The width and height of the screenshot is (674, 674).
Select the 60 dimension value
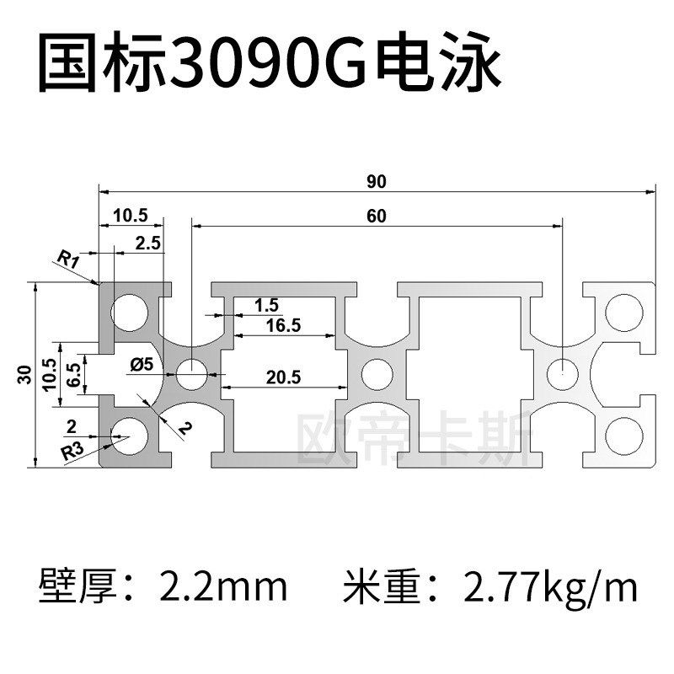(x=376, y=216)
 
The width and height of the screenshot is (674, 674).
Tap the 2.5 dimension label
(x=148, y=243)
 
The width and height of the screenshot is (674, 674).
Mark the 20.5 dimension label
(x=283, y=377)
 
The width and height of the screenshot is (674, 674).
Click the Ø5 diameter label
(x=142, y=365)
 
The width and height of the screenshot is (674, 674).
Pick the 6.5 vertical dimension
(x=73, y=372)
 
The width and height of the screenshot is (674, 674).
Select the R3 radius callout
(x=73, y=452)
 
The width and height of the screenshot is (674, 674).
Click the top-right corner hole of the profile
(x=623, y=311)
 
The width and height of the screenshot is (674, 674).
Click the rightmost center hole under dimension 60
(x=560, y=372)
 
